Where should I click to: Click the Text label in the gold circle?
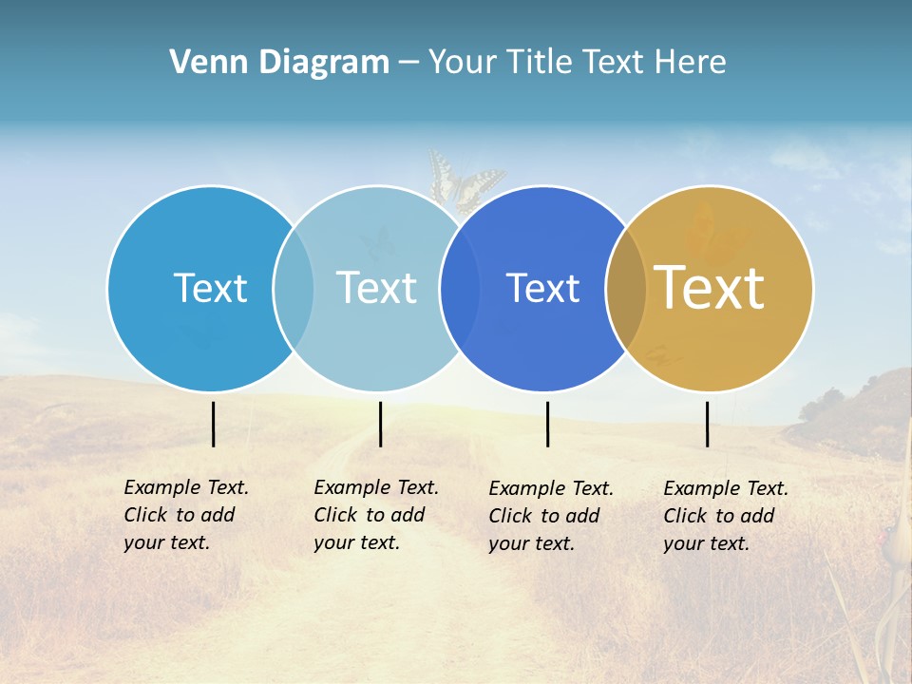point(710,288)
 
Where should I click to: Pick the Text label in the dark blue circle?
point(542,289)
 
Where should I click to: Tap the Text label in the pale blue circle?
point(376,288)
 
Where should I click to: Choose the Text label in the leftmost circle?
point(210,288)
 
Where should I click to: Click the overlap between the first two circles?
point(294,289)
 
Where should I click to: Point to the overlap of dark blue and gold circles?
point(625,289)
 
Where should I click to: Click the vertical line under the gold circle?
point(708,424)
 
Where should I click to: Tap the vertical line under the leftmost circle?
point(214,424)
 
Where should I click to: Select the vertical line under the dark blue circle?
point(548,424)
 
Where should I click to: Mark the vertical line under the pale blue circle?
point(380,424)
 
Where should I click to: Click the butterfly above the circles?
point(465,180)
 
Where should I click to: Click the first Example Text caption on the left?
point(185,515)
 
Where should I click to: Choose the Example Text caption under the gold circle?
point(725,516)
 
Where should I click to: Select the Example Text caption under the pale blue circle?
point(375,515)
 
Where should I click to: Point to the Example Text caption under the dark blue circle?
point(550,516)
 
